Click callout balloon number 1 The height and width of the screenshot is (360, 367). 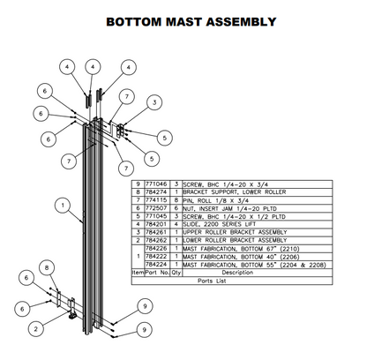point(58,206)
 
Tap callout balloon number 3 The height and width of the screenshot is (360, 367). point(154,103)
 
